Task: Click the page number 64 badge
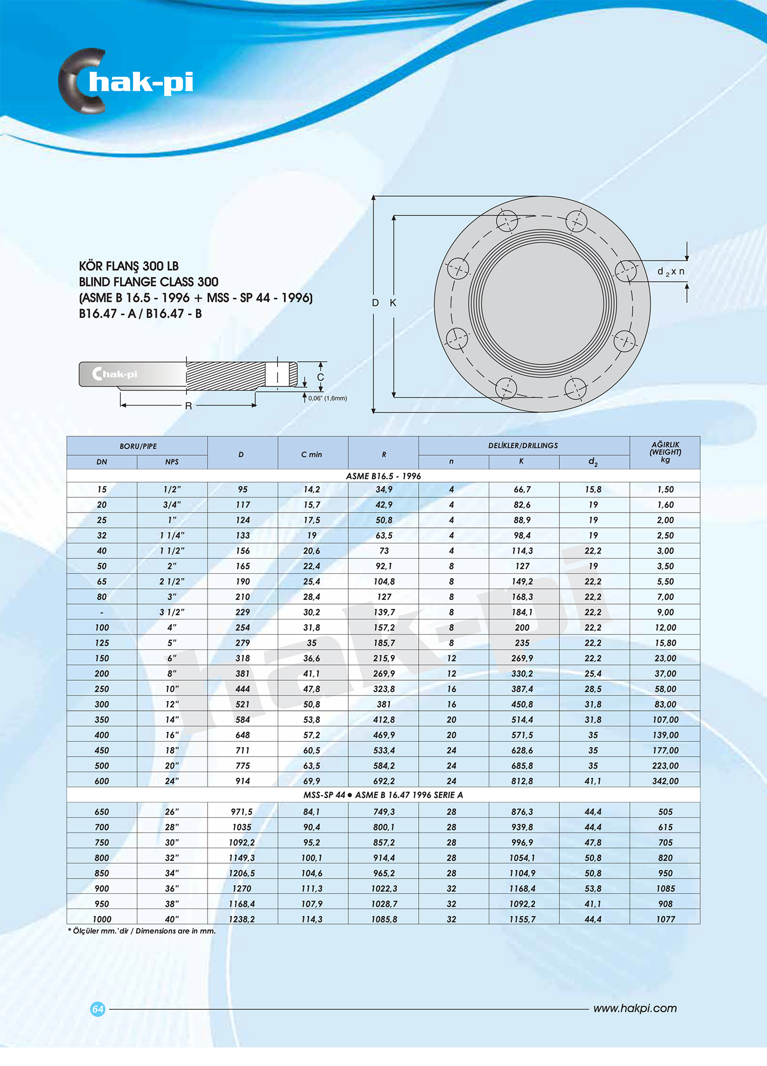click(98, 1009)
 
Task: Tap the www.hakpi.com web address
click(635, 1008)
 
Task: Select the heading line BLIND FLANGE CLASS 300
click(148, 282)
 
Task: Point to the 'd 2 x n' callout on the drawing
click(670, 272)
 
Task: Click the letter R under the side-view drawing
click(188, 406)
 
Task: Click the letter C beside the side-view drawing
click(321, 377)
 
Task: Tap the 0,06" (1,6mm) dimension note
click(327, 398)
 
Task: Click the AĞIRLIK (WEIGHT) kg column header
click(665, 452)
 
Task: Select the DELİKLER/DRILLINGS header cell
click(523, 446)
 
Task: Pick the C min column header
click(312, 454)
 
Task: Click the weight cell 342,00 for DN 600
click(665, 781)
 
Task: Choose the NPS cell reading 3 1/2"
click(172, 612)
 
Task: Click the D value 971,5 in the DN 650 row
click(242, 812)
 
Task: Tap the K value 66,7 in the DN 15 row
click(522, 490)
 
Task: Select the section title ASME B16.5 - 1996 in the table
click(383, 476)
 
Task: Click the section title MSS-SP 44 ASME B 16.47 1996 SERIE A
click(383, 795)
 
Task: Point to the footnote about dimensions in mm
click(142, 931)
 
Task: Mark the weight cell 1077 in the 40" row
click(665, 919)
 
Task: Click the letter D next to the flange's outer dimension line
click(375, 303)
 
